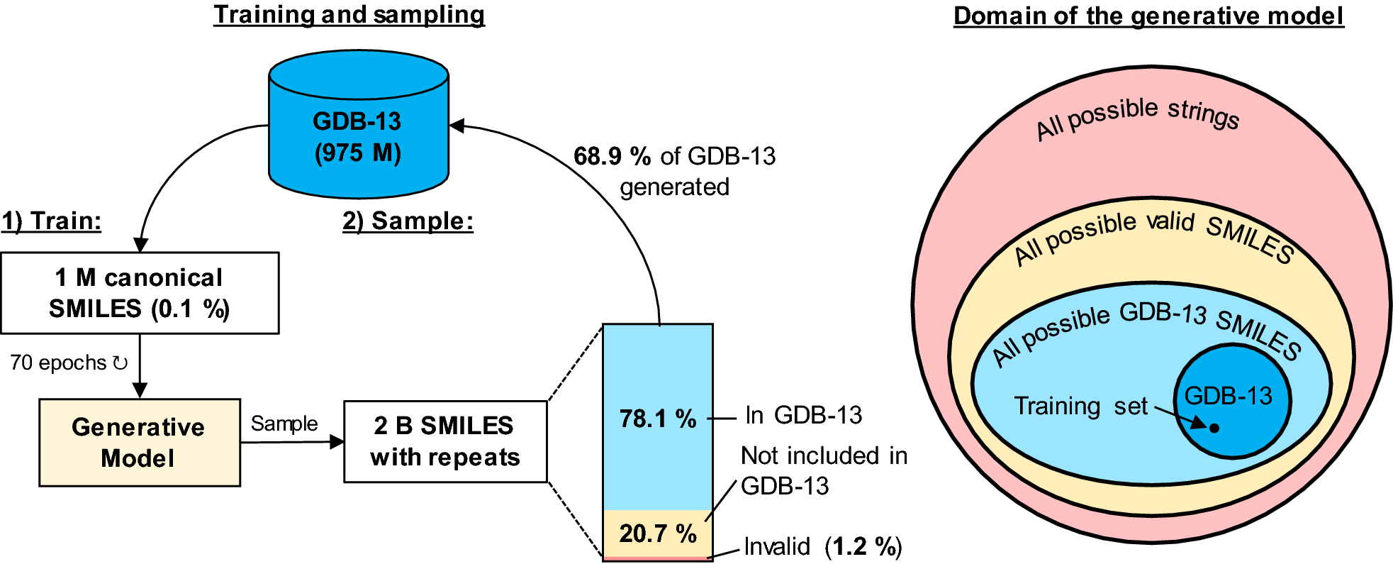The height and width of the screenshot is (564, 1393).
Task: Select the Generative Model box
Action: click(139, 443)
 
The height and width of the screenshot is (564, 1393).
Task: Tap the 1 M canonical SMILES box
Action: click(140, 293)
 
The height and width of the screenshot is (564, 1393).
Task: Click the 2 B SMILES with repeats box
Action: click(444, 441)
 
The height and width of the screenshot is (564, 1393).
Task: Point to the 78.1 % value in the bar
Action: click(657, 419)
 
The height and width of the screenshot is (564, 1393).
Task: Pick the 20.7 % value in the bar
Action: click(657, 533)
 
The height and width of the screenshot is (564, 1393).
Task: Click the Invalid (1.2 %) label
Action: click(822, 547)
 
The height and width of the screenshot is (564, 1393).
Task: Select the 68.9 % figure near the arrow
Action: click(612, 156)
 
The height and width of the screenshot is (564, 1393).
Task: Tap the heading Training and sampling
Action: click(349, 14)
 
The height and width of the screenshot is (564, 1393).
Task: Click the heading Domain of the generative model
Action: click(1148, 16)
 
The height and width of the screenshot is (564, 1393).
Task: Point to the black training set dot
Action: click(1214, 428)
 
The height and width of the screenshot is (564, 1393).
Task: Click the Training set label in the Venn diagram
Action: click(1080, 406)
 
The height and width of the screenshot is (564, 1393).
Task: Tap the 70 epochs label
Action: click(68, 363)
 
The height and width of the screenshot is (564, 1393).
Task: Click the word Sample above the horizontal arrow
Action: click(284, 424)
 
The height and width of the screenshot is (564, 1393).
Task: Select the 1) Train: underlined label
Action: click(51, 221)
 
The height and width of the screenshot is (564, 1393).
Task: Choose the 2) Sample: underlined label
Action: click(408, 221)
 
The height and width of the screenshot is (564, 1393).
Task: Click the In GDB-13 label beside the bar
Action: click(803, 415)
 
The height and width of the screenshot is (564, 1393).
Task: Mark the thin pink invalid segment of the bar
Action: click(657, 559)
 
